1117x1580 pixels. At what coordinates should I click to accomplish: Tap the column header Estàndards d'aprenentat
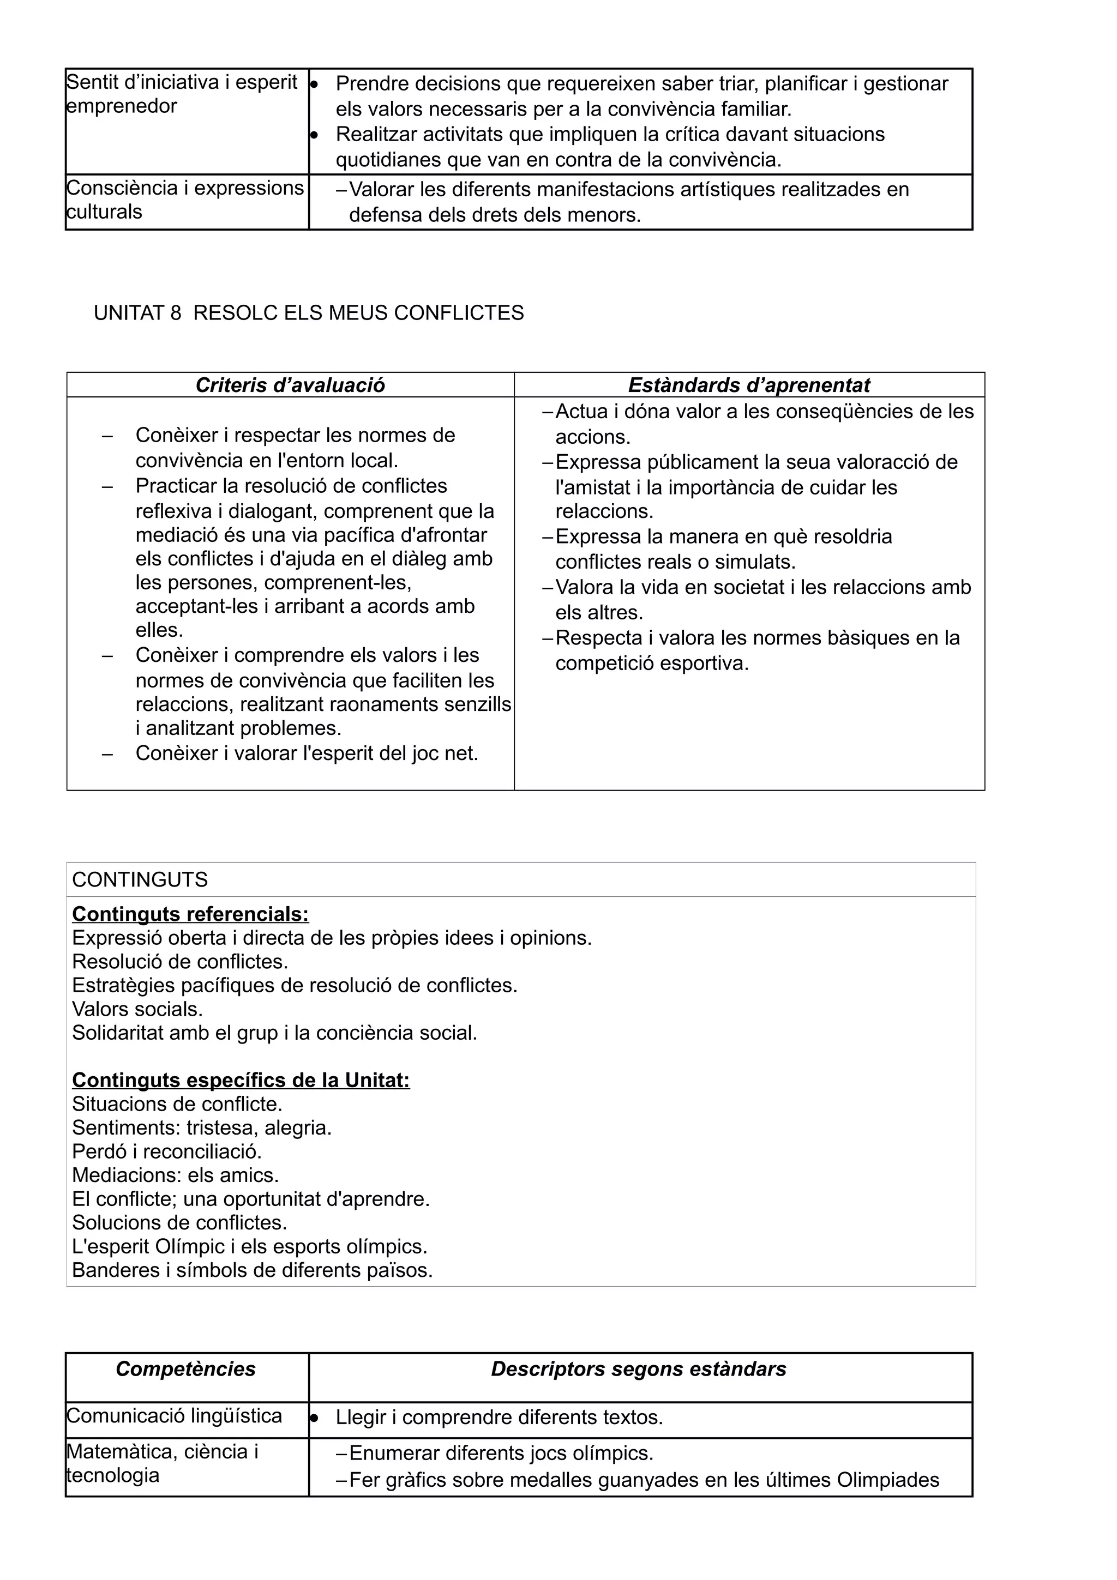click(749, 385)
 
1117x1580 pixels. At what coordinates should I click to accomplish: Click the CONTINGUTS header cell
click(140, 879)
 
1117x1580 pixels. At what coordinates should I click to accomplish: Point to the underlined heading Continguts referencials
click(191, 914)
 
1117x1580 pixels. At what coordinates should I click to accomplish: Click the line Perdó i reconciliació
click(166, 1151)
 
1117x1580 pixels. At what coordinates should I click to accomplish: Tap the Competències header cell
click(186, 1369)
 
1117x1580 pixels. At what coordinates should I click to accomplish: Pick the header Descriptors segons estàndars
click(639, 1369)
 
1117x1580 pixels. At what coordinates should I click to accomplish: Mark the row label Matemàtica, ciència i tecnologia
click(162, 1464)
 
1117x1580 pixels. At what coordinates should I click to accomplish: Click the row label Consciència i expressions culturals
click(184, 200)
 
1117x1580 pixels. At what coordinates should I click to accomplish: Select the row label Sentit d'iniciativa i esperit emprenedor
click(182, 94)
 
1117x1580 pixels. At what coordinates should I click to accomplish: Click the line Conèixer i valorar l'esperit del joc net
click(307, 753)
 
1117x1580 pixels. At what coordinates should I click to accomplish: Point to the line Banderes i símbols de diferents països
click(252, 1270)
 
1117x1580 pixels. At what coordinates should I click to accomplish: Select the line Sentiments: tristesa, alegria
click(202, 1127)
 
